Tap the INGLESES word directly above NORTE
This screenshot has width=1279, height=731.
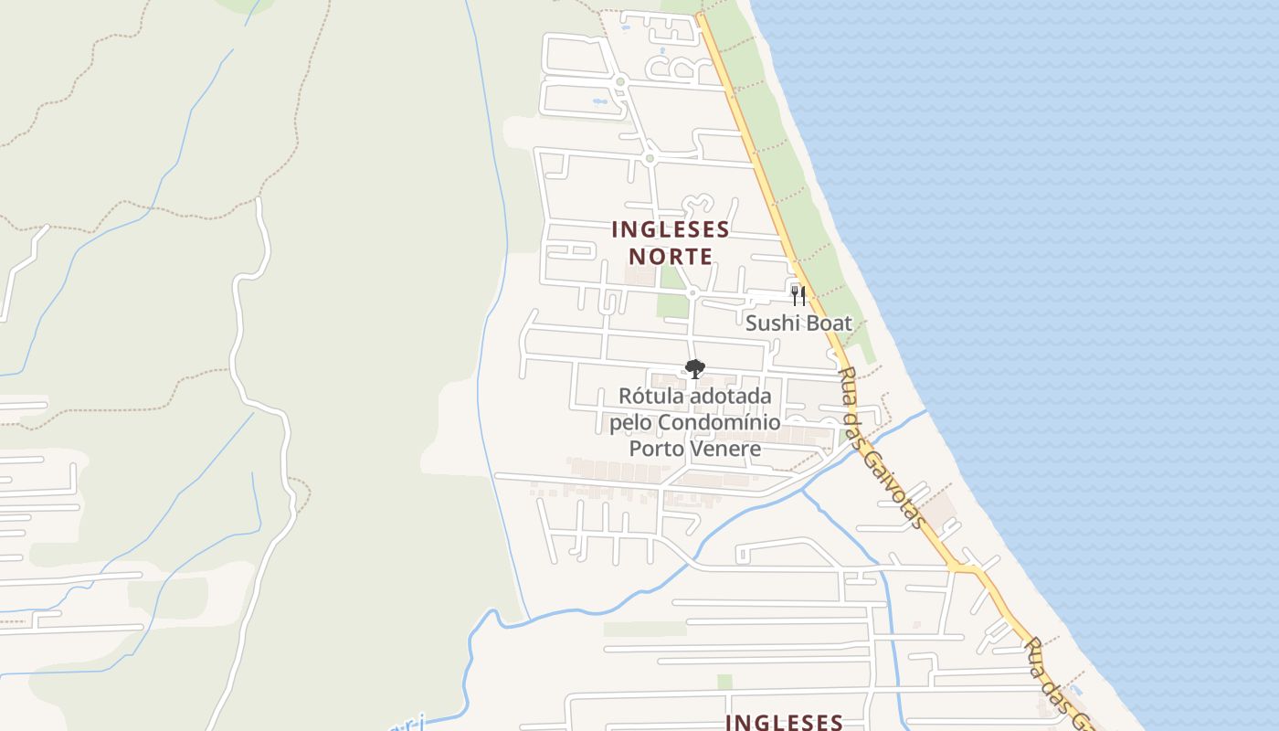(x=671, y=229)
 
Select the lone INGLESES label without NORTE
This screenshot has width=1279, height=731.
(x=783, y=722)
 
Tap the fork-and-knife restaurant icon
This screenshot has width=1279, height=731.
(x=798, y=295)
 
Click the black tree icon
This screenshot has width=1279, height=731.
(x=695, y=369)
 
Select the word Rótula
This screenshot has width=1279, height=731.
(x=651, y=397)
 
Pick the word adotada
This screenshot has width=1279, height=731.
(x=731, y=397)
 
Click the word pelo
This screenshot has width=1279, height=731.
(x=630, y=423)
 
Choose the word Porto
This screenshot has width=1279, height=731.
(x=653, y=449)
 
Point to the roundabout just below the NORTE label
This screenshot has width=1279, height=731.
(x=692, y=292)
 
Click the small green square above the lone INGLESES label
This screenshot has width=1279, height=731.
(x=724, y=682)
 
